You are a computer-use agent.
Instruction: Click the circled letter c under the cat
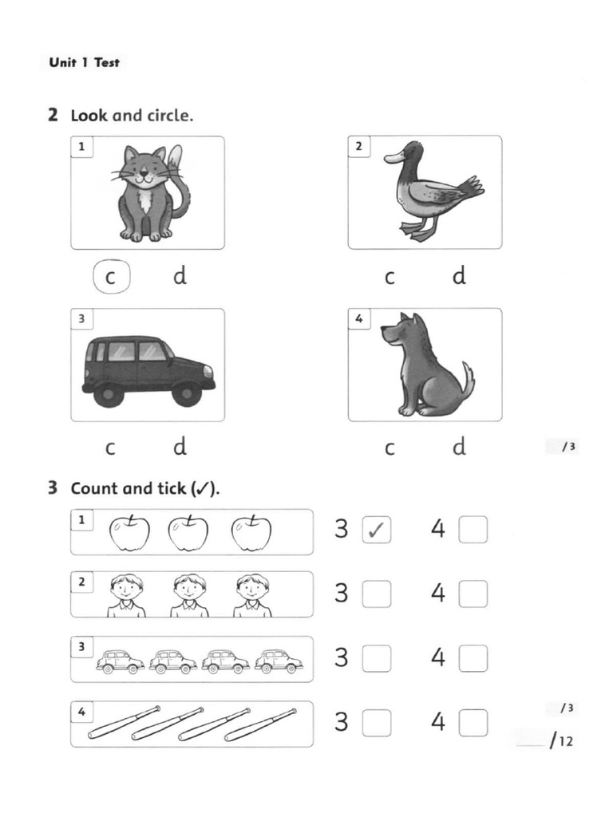[x=111, y=277]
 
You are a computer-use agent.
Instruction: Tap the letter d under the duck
[x=459, y=276]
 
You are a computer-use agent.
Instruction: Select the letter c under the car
[x=110, y=448]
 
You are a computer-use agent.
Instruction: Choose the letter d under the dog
[x=459, y=447]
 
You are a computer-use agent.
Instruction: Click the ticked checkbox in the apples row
[x=377, y=530]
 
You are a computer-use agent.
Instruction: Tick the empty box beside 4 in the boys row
[x=473, y=594]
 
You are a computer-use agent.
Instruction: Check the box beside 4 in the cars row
[x=473, y=658]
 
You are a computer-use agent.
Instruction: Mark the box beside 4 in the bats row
[x=473, y=723]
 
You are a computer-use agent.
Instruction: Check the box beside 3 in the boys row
[x=377, y=594]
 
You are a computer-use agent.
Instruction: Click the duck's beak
[x=392, y=158]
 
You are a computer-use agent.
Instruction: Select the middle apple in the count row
[x=188, y=533]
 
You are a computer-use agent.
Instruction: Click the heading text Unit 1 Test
[x=84, y=62]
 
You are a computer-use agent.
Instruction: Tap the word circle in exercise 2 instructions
[x=169, y=116]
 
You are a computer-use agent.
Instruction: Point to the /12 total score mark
[x=561, y=741]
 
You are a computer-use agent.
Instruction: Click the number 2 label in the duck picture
[x=359, y=146]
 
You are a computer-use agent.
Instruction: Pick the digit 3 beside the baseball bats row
[x=342, y=723]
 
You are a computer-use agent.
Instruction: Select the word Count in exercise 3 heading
[x=94, y=488]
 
